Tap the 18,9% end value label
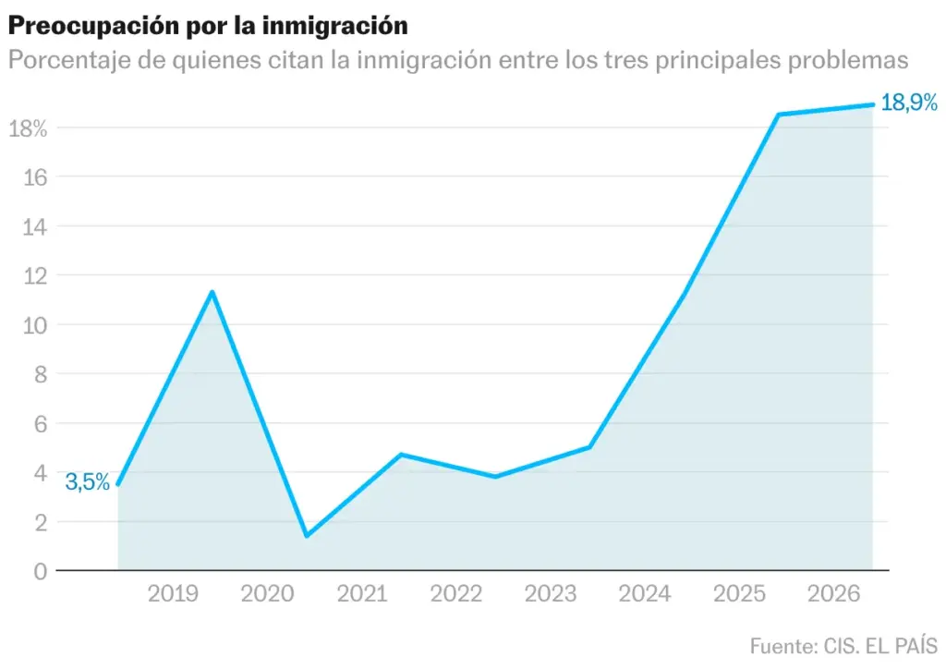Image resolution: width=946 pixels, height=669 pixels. pos(909,103)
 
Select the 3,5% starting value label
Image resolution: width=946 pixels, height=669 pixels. pos(88,482)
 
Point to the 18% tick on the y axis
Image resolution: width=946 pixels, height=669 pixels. pos(28,128)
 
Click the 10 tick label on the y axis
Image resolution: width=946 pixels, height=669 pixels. pos(34,326)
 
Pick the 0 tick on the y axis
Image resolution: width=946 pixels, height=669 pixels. pos(41,571)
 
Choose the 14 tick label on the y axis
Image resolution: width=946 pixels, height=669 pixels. pos(34,227)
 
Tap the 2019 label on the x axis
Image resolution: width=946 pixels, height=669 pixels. pos(173,593)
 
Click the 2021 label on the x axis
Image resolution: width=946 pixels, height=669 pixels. pos(362,593)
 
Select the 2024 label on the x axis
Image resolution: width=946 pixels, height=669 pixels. pos(645,593)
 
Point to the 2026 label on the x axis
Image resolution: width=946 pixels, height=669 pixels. pos(834,593)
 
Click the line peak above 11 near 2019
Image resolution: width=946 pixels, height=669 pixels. pos(212,293)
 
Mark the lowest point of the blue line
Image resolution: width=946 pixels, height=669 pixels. pos(307,535)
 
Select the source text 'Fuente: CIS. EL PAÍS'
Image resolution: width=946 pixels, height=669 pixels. pos(844,646)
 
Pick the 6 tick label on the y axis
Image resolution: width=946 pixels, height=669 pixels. pos(41,424)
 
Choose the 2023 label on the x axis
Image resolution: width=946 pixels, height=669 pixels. pos(551,593)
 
